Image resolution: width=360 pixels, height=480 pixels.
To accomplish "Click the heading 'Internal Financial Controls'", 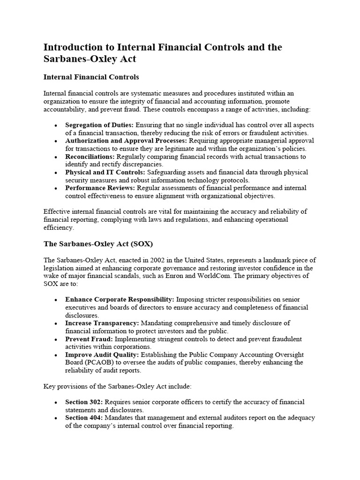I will point(91,76).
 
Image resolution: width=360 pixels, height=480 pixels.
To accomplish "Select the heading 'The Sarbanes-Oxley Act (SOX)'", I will point(98,244).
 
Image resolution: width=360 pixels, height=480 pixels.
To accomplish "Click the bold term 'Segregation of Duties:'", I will point(99,126).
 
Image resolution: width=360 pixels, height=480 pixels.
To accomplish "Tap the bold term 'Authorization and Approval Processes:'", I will point(126,141).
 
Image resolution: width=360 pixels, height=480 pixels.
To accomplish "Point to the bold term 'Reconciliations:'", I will point(90,157).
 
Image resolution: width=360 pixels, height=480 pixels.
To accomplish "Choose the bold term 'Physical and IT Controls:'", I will point(105,172).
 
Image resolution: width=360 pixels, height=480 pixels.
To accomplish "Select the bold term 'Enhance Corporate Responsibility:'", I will point(120,300).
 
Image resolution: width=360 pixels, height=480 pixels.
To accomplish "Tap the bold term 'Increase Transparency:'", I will point(102,323).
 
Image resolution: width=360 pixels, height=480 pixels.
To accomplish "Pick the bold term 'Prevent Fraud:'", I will point(88,339).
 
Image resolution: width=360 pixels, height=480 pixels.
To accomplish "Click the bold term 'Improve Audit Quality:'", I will point(102,355).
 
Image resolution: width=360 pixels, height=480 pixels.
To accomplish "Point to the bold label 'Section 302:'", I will point(84,402).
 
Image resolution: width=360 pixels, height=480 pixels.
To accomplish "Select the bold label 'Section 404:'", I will point(84,418).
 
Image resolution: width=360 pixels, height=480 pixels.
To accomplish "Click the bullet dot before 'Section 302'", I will point(56,403).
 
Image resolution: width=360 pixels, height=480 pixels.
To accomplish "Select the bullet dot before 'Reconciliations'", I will point(56,157).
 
